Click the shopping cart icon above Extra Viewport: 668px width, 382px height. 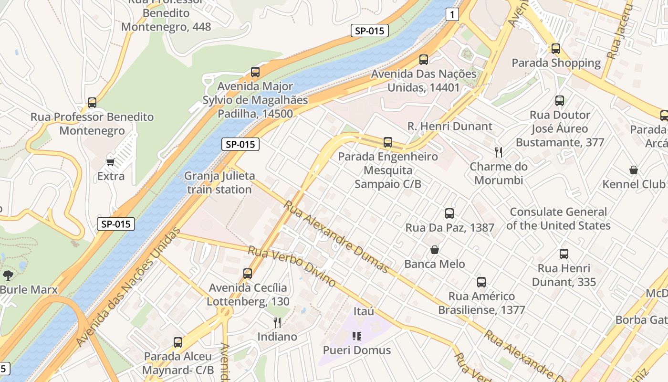point(111,162)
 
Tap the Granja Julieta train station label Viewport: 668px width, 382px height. point(219,182)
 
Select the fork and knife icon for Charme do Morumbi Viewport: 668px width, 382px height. point(499,152)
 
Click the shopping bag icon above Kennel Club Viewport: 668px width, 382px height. point(634,170)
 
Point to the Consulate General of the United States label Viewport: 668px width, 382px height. point(558,219)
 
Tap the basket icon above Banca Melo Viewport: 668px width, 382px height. point(435,250)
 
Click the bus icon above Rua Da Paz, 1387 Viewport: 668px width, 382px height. point(449,213)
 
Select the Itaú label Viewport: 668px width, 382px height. point(364,311)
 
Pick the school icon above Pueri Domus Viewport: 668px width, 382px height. point(357,336)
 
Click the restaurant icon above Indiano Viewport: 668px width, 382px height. point(277,323)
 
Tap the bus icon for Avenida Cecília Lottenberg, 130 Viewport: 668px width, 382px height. point(248,274)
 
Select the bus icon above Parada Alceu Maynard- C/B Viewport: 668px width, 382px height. point(178,342)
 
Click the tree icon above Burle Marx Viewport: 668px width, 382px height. point(8,275)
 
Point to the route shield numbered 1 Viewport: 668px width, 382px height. point(452,15)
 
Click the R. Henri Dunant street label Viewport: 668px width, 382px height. point(449,127)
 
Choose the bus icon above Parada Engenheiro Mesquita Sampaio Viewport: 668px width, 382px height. point(388,142)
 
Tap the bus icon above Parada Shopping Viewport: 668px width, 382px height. point(556,49)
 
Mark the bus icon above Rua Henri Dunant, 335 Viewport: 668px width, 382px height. point(564,254)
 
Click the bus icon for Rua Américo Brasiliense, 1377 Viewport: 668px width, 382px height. point(481,282)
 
